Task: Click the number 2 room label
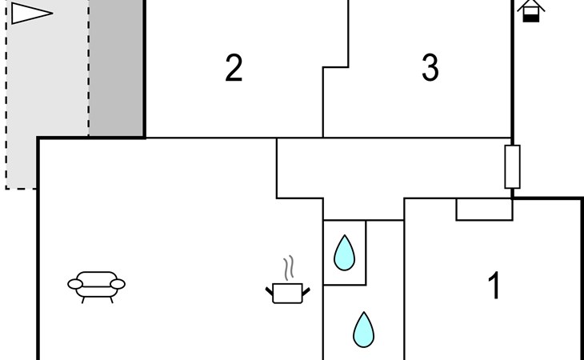pyautogui.click(x=234, y=68)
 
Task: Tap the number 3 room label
pyautogui.click(x=430, y=68)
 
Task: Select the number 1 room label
pyautogui.click(x=494, y=286)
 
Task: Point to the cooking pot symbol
pyautogui.click(x=287, y=293)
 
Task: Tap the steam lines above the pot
pyautogui.click(x=289, y=268)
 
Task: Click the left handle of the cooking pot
pyautogui.click(x=270, y=291)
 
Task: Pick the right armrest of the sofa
pyautogui.click(x=118, y=284)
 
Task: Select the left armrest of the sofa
pyautogui.click(x=75, y=284)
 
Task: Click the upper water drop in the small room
pyautogui.click(x=344, y=254)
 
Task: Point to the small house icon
pyautogui.click(x=530, y=10)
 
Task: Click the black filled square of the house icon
pyautogui.click(x=530, y=18)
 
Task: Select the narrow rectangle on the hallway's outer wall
pyautogui.click(x=513, y=166)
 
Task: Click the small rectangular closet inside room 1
pyautogui.click(x=484, y=210)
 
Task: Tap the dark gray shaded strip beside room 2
pyautogui.click(x=116, y=68)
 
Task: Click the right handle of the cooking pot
pyautogui.click(x=306, y=291)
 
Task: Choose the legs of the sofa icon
pyautogui.click(x=97, y=300)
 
